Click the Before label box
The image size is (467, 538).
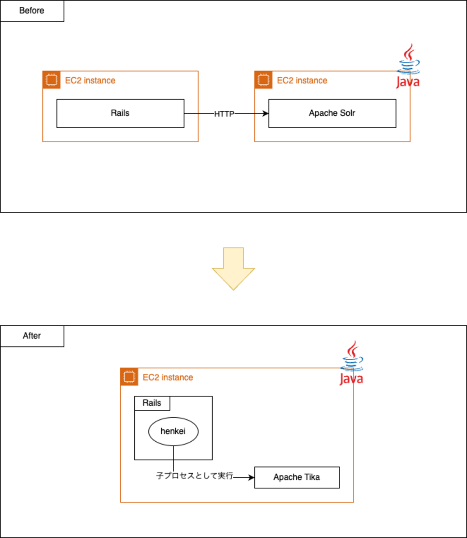[32, 11]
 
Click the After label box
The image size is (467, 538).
[32, 336]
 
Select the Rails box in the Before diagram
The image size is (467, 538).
[120, 114]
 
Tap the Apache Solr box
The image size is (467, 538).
[332, 114]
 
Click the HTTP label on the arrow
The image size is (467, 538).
[224, 114]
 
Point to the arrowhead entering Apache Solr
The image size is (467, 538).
[266, 114]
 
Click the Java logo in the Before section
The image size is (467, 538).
[408, 66]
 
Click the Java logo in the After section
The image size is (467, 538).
[352, 363]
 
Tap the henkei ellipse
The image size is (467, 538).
[173, 431]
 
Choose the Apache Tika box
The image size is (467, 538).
[297, 477]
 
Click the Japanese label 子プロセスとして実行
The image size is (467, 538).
[194, 476]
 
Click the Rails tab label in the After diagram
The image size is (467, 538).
[152, 403]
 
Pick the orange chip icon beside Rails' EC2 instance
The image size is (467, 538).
[51, 80]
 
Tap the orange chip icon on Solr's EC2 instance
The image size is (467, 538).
[263, 80]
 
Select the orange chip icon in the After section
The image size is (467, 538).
[129, 377]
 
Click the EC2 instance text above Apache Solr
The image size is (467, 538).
[302, 81]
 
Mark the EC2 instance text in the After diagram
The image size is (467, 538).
[168, 377]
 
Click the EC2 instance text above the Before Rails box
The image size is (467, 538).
[90, 81]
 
